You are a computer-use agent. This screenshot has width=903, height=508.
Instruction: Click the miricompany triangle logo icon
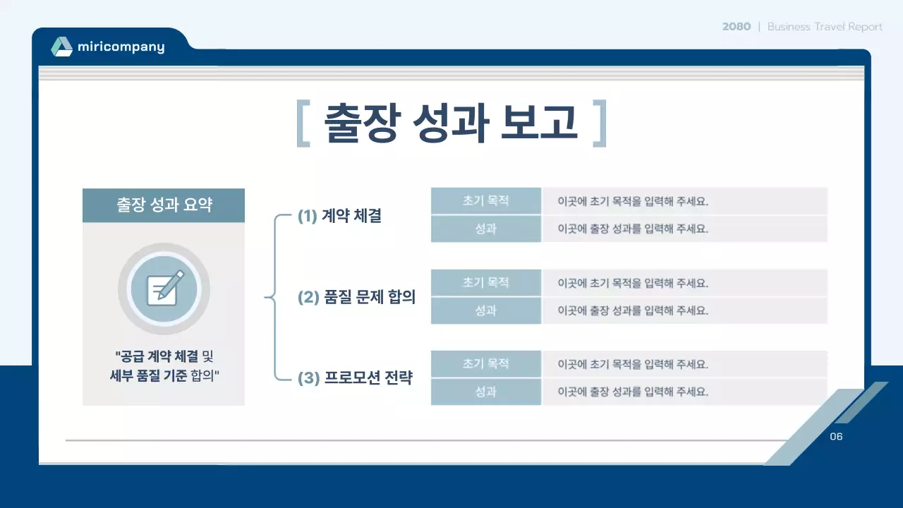61,47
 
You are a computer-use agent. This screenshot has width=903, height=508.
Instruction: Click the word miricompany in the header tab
121,47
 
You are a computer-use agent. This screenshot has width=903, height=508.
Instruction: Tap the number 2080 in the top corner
736,27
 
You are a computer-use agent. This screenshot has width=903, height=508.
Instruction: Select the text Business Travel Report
825,27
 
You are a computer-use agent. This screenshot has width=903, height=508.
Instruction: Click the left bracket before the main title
303,123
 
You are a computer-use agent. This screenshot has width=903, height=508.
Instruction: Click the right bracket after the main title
600,123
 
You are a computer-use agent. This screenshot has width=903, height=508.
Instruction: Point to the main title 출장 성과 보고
451,123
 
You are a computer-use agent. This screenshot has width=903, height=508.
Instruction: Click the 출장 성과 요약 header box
164,205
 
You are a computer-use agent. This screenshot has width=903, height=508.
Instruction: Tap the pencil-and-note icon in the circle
164,289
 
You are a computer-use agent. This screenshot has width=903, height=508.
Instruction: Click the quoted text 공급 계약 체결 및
164,356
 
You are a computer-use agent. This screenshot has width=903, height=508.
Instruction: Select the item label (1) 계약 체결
339,217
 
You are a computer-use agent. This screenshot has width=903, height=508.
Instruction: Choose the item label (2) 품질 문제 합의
356,298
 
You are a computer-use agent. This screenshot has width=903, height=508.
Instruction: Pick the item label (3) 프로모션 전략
355,379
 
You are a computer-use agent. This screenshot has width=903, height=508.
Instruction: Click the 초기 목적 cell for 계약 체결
485,201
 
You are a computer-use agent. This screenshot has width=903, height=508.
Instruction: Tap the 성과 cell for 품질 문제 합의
485,310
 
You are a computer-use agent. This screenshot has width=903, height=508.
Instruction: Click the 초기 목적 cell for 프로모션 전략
485,364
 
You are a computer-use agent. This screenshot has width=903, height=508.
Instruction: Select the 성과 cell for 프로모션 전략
485,392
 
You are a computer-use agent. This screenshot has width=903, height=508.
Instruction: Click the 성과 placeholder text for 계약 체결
633,229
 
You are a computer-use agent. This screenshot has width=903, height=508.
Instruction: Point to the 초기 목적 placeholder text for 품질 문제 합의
633,283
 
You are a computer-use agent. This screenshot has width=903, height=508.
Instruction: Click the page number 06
836,437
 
